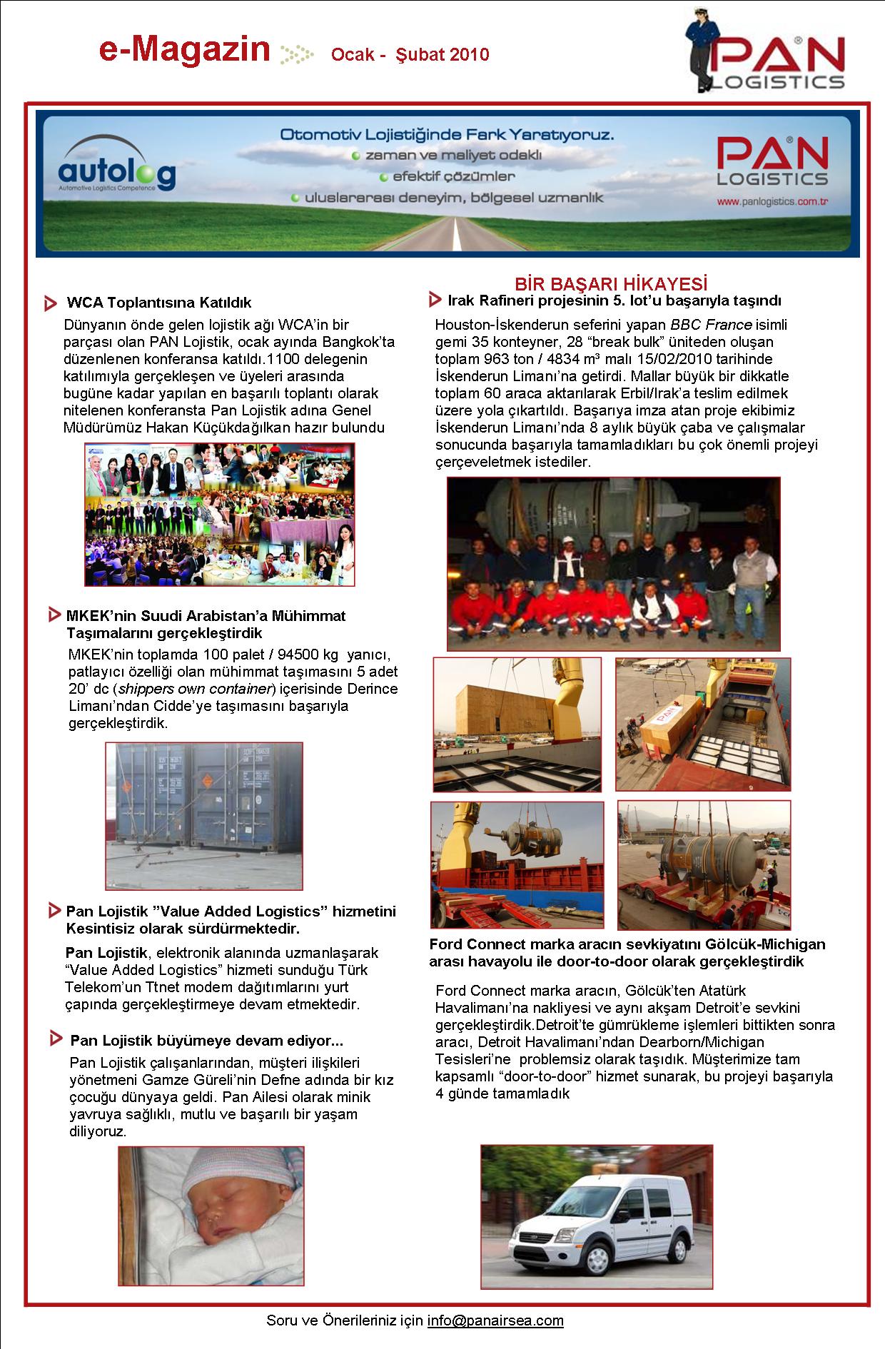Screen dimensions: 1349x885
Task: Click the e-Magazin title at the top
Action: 185,51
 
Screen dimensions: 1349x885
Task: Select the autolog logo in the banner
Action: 116,172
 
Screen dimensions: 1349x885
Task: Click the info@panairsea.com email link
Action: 495,1320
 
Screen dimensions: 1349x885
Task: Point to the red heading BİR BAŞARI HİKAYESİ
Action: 611,283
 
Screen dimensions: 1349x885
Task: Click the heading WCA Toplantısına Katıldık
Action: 158,303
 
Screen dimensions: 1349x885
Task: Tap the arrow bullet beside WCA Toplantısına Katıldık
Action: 51,303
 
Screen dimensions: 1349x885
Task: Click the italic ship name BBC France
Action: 711,325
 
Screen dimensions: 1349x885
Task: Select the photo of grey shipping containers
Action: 204,815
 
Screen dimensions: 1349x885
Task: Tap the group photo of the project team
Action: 613,564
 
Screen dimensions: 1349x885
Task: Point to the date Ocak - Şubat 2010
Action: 410,55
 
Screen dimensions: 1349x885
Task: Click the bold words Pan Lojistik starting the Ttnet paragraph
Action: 106,953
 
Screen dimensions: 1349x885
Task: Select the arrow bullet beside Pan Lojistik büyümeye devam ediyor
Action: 56,1040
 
